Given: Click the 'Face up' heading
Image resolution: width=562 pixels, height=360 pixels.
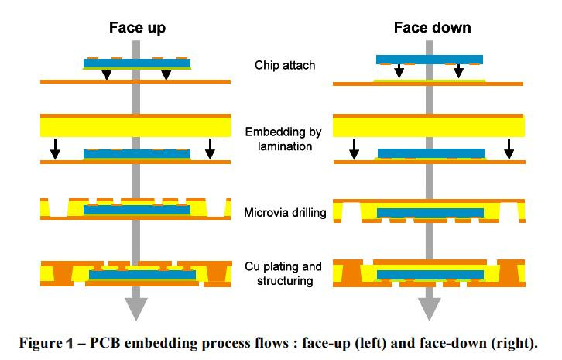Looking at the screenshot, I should pyautogui.click(x=136, y=28).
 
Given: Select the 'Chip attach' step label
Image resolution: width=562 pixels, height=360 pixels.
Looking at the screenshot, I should pyautogui.click(x=285, y=65).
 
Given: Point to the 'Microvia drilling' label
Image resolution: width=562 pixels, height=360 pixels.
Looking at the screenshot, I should pyautogui.click(x=284, y=211).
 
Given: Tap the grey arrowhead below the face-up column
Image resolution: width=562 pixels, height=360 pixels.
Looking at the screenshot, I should pyautogui.click(x=136, y=310).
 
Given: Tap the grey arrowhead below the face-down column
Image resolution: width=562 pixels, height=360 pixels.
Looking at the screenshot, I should pyautogui.click(x=429, y=310).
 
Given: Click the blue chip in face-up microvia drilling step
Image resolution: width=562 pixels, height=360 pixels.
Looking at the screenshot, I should pyautogui.click(x=136, y=210).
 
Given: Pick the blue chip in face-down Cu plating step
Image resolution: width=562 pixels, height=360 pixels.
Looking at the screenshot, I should pyautogui.click(x=429, y=274).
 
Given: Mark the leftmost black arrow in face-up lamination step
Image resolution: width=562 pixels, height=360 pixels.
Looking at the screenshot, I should pyautogui.click(x=54, y=149).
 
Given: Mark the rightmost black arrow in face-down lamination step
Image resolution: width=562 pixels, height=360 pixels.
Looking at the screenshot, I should pyautogui.click(x=508, y=149).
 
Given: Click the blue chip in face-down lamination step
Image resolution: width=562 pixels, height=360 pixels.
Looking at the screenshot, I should pyautogui.click(x=429, y=153).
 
